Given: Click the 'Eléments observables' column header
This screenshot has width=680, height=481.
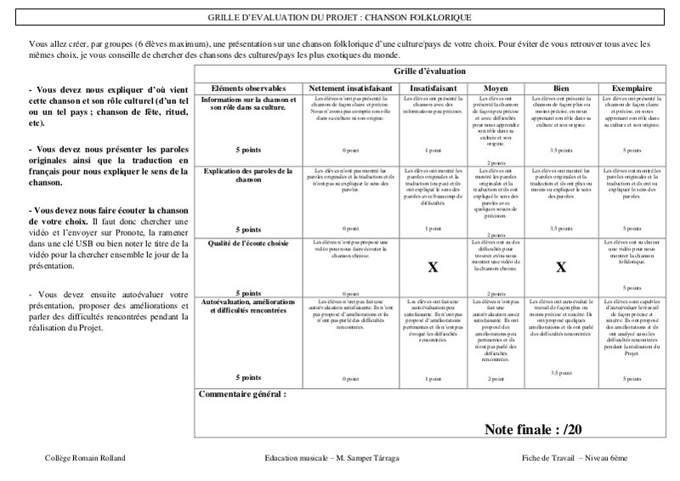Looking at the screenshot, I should click(249, 88).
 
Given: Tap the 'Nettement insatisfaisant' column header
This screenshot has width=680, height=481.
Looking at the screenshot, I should click(350, 88).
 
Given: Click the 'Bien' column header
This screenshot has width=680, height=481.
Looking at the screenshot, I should click(560, 88).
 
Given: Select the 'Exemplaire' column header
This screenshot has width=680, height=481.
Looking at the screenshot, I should click(630, 88).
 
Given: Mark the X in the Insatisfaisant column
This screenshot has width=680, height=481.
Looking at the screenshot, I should click(432, 267).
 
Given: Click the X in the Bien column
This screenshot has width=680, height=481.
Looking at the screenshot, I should click(560, 267).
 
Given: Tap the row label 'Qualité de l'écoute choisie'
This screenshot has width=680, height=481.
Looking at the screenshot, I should click(249, 243).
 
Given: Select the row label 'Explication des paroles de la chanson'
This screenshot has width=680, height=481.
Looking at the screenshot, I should click(249, 176).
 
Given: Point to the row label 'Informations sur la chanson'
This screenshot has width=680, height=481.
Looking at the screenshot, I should click(249, 104).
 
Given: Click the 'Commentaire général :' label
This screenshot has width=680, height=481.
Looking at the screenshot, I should click(241, 395).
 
